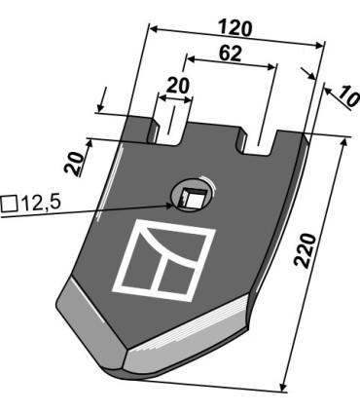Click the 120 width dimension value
click(x=235, y=28)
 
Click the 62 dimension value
click(x=231, y=54)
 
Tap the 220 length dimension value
click(x=305, y=250)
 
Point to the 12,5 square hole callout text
click(x=40, y=204)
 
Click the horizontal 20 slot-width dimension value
click(x=177, y=86)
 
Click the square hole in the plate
click(x=192, y=199)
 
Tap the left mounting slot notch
click(x=168, y=131)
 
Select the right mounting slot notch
click(x=259, y=142)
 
